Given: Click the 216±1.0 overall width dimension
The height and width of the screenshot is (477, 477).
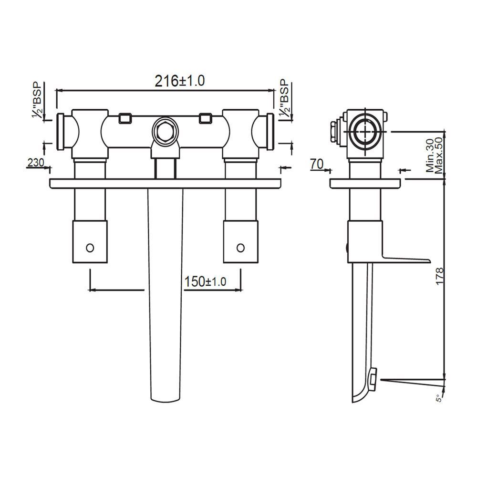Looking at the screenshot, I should pos(180,81).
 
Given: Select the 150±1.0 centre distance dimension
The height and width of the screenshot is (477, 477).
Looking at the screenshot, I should pos(205,282).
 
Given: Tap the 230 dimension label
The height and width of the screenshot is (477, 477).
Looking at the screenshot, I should pos(35,162).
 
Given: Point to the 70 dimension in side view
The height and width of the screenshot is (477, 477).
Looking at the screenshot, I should pos(317,164).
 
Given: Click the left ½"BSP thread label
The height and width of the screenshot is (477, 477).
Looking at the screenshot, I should pos(37,100).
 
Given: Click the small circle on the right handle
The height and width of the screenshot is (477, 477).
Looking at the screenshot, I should pos(240,247).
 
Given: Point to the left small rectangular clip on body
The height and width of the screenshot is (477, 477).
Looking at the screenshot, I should pos(124,117).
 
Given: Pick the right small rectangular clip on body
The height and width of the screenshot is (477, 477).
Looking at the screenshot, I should pos(205,117).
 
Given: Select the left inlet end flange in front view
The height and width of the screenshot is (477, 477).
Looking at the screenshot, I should pos(61,131).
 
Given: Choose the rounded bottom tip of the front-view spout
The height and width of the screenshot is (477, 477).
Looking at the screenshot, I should pos(165,399).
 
